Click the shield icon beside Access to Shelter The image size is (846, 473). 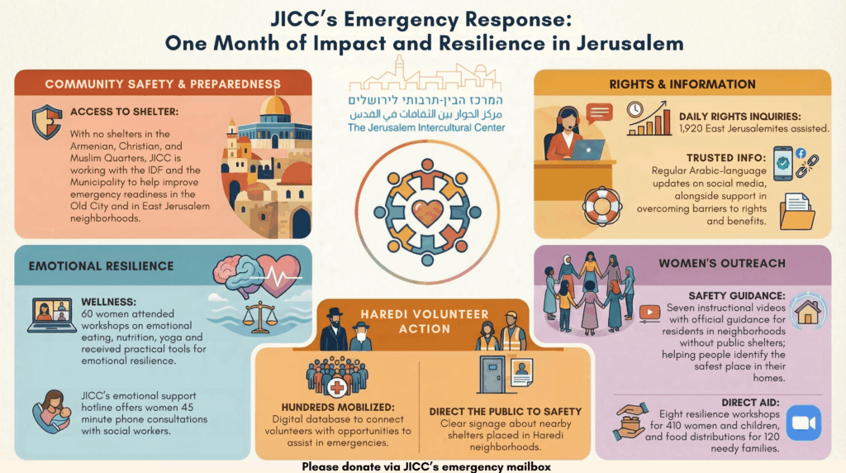(46, 122)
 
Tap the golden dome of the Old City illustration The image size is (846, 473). (275, 106)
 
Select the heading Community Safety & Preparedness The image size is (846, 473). (163, 84)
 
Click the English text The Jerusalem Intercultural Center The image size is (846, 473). (426, 128)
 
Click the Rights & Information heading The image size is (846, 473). (682, 84)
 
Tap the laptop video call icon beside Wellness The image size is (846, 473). (51, 314)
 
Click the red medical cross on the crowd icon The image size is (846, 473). (337, 388)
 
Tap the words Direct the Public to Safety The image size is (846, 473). (506, 411)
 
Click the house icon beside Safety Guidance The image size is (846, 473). (807, 313)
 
